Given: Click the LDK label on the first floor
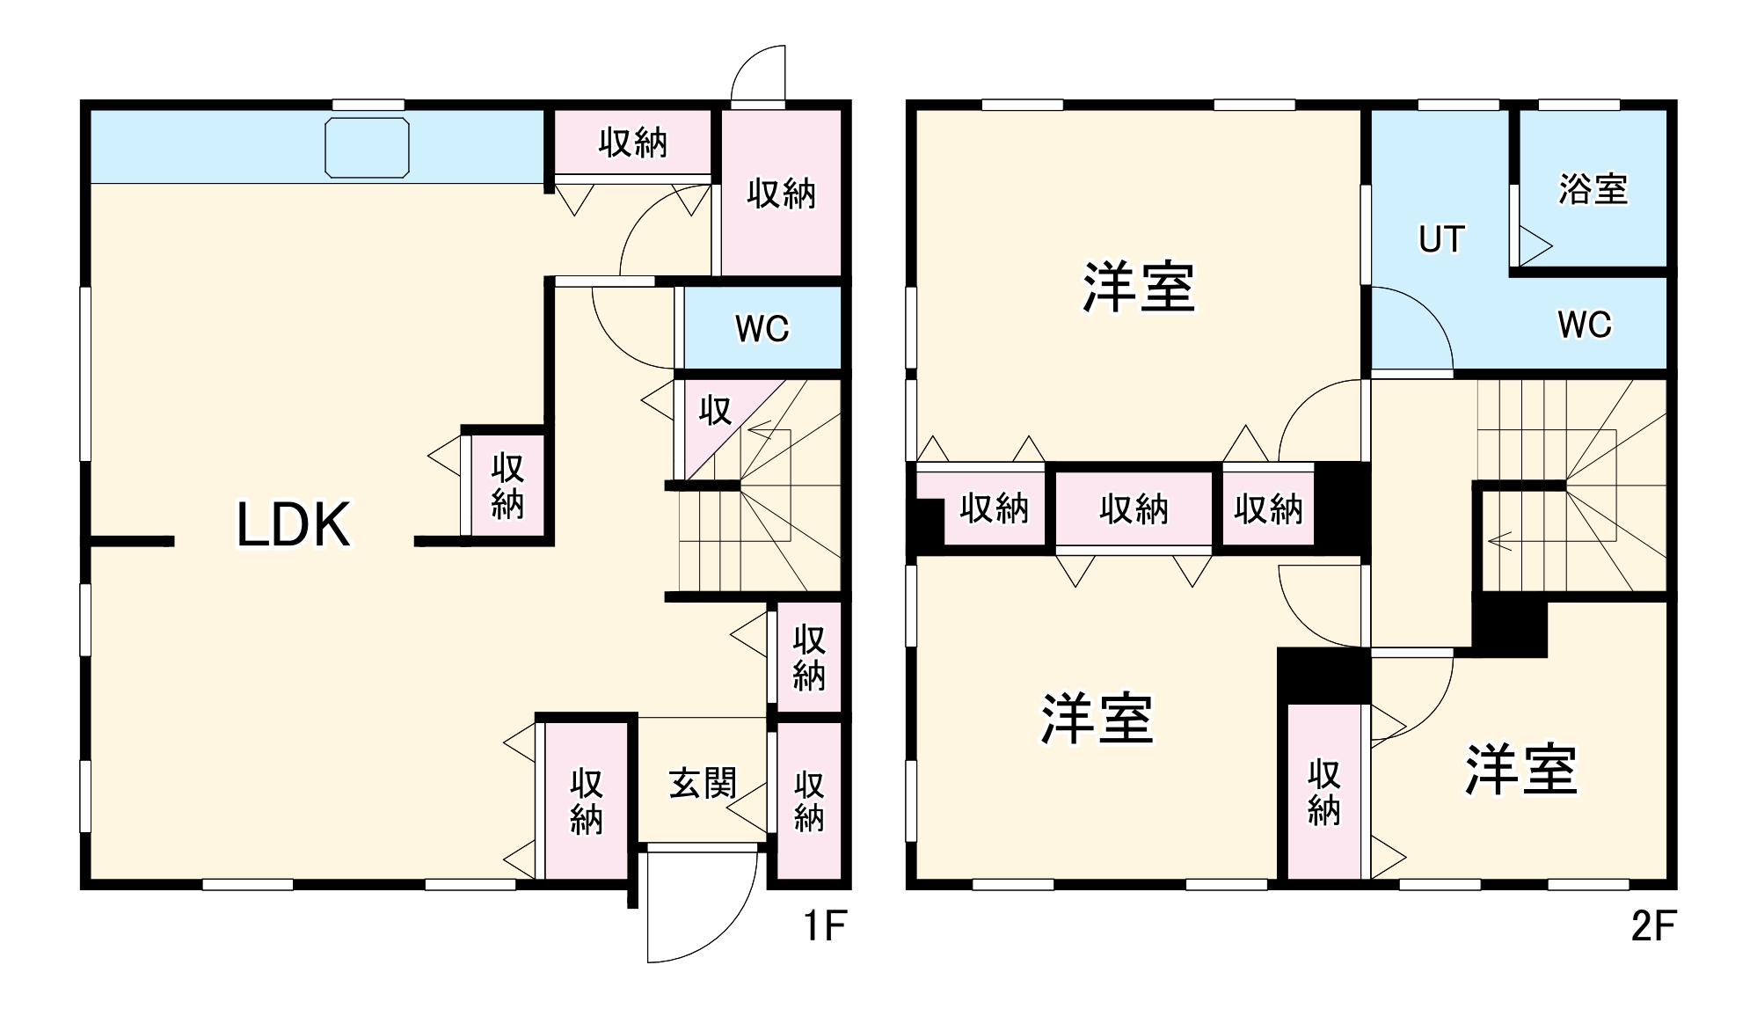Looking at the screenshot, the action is (294, 524).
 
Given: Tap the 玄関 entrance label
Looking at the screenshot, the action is (703, 783).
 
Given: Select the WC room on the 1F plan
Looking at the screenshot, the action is (762, 328).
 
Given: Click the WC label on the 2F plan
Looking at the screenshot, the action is (1585, 325).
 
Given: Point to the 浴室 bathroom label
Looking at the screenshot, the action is (1593, 189).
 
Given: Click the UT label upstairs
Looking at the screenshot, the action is (1441, 239).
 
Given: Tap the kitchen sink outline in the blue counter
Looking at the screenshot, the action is (367, 148).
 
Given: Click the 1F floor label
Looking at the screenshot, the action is (825, 925).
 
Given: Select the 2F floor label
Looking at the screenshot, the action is (1653, 925).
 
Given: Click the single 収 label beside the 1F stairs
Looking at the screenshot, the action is (715, 410).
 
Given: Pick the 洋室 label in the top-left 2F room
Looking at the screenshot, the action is (1139, 288).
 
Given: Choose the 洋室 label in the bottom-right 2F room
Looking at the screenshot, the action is (1521, 770).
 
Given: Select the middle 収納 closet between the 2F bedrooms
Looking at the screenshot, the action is (1134, 508).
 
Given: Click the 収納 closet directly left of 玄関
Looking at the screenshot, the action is (587, 801).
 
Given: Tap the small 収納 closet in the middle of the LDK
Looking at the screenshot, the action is (507, 486).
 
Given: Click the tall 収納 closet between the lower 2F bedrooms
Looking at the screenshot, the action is (1323, 792).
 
